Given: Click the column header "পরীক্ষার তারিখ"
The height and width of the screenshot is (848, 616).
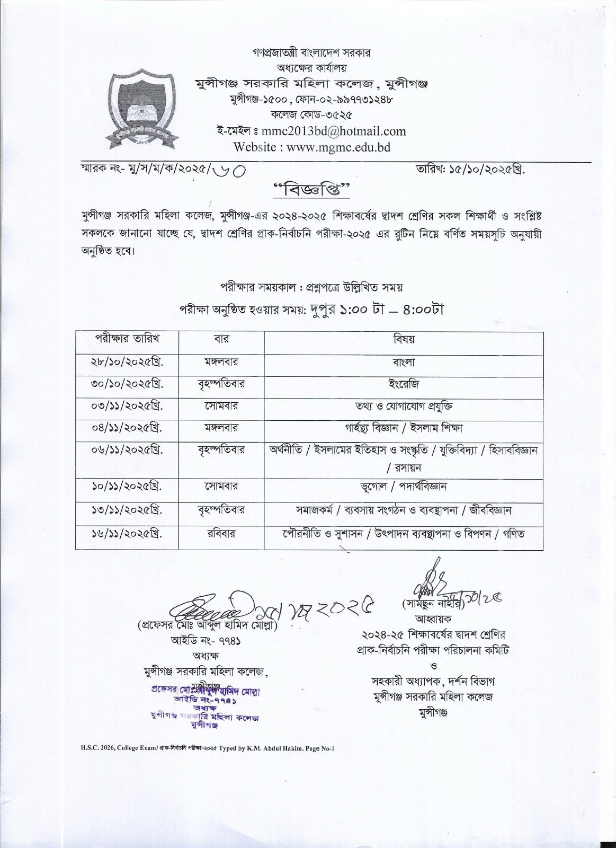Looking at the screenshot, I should (x=127, y=338).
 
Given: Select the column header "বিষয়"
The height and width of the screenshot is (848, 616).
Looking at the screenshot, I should (x=404, y=339).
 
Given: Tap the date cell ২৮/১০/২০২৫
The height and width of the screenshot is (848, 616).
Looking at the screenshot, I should (x=127, y=362).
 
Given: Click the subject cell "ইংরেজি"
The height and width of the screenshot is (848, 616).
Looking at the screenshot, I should (x=404, y=384).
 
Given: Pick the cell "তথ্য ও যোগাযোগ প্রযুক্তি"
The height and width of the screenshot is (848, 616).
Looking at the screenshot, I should (x=404, y=406).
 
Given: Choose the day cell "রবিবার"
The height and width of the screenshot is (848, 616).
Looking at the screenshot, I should (x=221, y=534).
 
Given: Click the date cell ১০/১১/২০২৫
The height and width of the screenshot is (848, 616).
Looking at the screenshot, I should (x=127, y=486).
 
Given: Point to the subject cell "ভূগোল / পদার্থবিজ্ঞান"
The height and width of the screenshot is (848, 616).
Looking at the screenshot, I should (x=404, y=486).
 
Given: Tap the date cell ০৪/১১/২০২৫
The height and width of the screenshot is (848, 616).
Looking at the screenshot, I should (x=127, y=427).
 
